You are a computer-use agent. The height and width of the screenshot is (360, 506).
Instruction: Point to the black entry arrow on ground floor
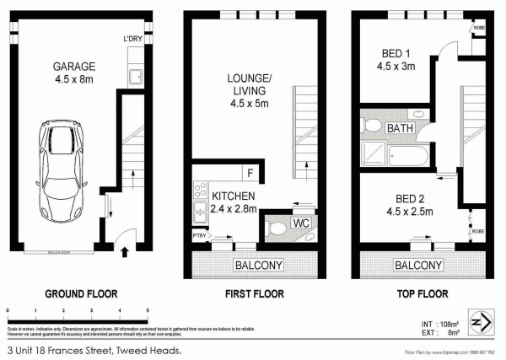(x=126, y=250)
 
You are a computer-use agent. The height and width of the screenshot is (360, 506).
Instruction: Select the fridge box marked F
(x=250, y=175)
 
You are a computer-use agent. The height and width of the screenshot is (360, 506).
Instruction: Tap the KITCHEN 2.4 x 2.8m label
(x=229, y=201)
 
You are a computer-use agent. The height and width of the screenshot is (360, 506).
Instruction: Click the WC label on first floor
(x=299, y=223)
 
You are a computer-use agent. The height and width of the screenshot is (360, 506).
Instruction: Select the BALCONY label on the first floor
(x=257, y=265)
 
